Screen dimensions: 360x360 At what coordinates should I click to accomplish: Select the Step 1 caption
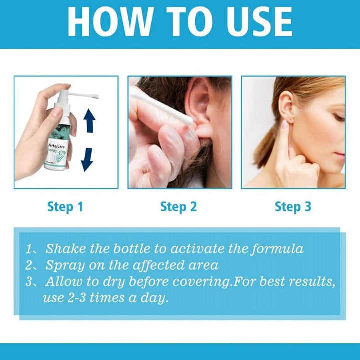click(65, 206)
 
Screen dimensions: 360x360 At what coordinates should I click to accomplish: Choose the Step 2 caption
click(179, 206)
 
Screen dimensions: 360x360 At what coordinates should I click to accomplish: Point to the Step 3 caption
click(293, 206)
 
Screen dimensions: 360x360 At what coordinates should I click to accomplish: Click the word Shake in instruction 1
click(64, 248)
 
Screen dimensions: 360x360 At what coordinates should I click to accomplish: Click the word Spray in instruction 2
click(63, 265)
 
